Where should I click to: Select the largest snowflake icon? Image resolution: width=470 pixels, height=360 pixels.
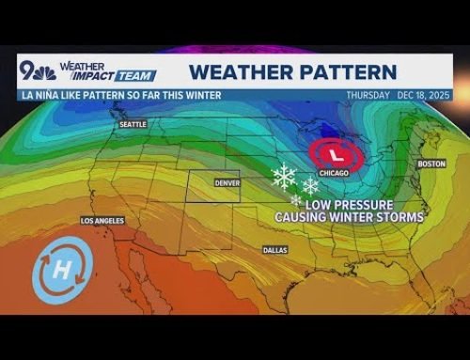coord(284,176)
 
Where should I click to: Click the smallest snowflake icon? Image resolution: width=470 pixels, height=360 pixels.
coord(297,199)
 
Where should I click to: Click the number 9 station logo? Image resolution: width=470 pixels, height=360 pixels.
coord(31,70)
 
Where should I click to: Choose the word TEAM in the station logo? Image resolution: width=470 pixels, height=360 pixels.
coord(141,76)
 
